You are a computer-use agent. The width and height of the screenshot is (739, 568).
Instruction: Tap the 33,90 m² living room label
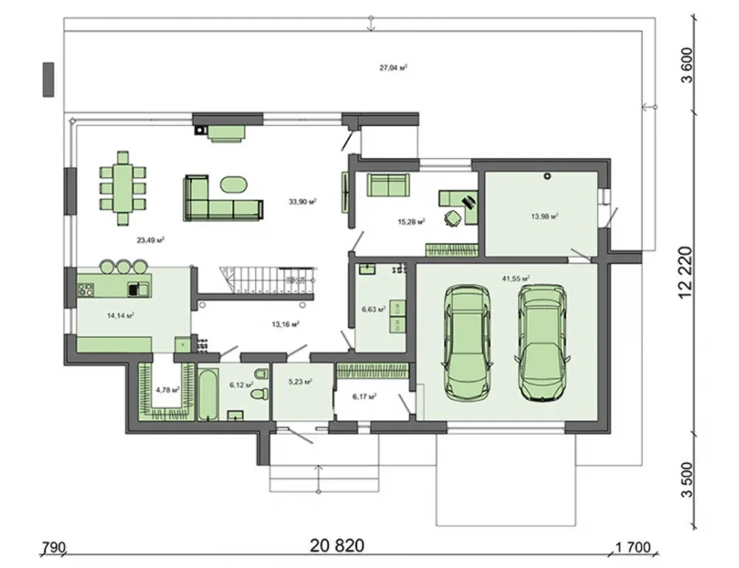(x=302, y=201)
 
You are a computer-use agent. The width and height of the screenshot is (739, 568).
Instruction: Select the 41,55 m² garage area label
(x=516, y=278)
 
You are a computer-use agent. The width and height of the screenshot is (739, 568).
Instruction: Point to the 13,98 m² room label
(x=545, y=217)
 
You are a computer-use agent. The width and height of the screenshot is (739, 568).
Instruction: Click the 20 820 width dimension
(x=337, y=546)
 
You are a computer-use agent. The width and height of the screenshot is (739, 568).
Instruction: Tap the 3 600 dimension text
(x=687, y=65)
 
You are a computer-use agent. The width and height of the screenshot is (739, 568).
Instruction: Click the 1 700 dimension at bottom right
(x=633, y=548)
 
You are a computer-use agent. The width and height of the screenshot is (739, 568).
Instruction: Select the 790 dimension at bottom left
(x=54, y=548)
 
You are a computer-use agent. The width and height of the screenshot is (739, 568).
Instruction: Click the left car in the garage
(x=467, y=343)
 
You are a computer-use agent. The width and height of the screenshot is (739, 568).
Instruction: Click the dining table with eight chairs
(x=123, y=187)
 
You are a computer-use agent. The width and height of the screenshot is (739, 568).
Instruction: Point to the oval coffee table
(x=234, y=184)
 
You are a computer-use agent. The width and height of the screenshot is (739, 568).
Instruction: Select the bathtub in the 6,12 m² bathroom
(x=208, y=396)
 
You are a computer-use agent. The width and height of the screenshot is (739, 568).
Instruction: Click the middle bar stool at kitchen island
(x=123, y=266)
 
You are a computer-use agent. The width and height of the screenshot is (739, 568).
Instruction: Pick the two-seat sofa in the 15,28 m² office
(x=389, y=185)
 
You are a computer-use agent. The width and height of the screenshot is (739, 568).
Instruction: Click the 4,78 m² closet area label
(x=167, y=390)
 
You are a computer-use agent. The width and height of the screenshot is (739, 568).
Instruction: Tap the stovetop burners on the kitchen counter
(x=86, y=289)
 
